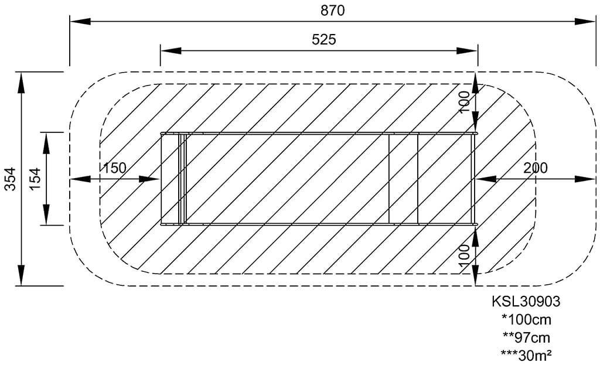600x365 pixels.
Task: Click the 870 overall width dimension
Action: coord(332,11)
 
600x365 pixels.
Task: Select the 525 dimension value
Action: coord(323,39)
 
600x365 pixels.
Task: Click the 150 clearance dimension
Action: coord(114,168)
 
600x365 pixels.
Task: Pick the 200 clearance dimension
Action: coord(536,168)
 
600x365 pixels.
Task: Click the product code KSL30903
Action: coord(526,302)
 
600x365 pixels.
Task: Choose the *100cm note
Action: coord(526,320)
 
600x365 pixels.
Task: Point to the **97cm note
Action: coord(526,337)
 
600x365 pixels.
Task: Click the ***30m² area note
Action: coord(526,354)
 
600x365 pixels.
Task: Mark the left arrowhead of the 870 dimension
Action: coord(80,22)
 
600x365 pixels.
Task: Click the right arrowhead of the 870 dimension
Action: coord(586,22)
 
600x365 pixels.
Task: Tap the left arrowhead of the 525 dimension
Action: coord(170,51)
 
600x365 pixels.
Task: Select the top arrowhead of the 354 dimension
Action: coord(22,81)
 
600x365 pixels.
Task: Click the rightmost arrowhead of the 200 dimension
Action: coord(586,179)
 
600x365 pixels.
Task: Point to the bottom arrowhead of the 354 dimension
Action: coord(22,276)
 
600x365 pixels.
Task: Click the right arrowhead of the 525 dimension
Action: coord(468,51)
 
